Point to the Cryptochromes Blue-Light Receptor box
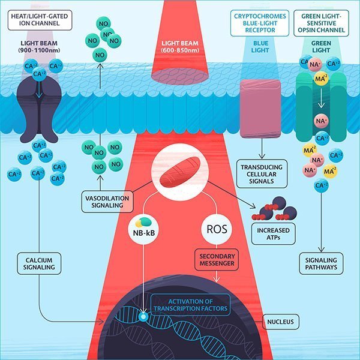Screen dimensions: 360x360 261,22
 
